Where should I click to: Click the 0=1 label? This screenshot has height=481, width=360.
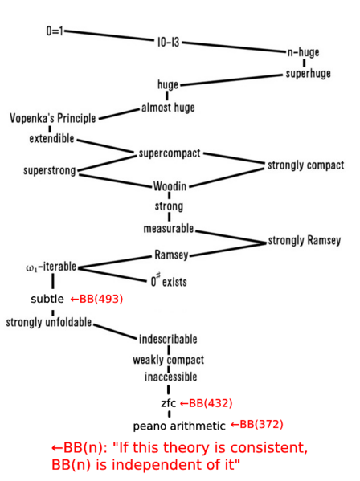click(x=54, y=31)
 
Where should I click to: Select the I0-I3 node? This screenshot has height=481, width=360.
click(x=168, y=42)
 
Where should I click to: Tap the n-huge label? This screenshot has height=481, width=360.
click(x=303, y=52)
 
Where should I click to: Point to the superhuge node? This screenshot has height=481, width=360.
click(x=308, y=74)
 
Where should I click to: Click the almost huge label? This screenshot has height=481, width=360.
click(x=168, y=108)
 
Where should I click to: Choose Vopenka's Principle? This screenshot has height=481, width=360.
click(x=52, y=119)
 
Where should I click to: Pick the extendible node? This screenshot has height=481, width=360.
click(x=51, y=138)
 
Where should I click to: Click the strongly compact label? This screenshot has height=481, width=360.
click(x=305, y=165)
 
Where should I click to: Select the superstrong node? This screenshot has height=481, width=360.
click(x=49, y=170)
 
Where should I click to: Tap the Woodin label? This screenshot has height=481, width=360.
click(x=170, y=187)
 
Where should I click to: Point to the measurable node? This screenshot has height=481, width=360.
click(x=169, y=229)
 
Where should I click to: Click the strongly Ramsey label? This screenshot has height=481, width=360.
click(x=304, y=240)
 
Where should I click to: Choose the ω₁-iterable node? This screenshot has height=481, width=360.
click(x=51, y=267)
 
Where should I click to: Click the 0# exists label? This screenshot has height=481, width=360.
click(x=169, y=282)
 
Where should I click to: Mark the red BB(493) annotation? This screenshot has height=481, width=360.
click(x=96, y=299)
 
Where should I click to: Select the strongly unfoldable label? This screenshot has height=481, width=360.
click(x=49, y=323)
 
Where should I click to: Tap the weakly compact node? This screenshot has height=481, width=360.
click(x=168, y=360)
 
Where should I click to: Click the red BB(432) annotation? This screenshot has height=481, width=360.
click(x=206, y=402)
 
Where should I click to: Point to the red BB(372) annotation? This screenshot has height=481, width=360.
click(x=257, y=424)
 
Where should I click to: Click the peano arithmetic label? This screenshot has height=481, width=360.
click(x=179, y=426)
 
